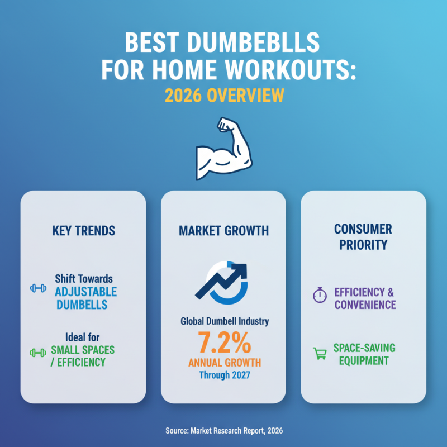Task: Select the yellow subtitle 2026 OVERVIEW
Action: pos(224,95)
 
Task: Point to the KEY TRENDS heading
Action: pos(83,230)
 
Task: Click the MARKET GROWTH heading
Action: pos(223,230)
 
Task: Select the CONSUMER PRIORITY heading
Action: pos(363,237)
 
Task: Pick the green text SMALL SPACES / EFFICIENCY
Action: pos(82,356)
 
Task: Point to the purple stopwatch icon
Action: pos(319,296)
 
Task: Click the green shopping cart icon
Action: pos(319,354)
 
